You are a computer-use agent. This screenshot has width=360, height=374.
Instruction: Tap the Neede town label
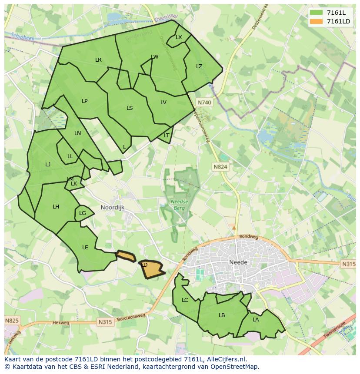coord(238,262)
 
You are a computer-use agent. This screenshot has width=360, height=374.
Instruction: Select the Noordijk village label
coord(112,208)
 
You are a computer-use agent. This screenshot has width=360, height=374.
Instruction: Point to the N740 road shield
coord(204,103)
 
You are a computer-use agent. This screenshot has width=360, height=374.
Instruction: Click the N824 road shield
coord(220,166)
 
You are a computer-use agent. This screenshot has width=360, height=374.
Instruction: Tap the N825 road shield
coord(12,321)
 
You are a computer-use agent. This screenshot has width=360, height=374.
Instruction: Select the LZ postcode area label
coord(199,66)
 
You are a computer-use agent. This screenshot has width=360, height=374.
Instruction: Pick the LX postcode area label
coord(179,37)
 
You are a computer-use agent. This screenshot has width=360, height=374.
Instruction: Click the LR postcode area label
coord(98,60)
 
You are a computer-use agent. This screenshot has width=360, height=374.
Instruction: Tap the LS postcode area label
coord(130,108)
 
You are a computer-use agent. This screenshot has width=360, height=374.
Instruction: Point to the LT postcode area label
coord(167,136)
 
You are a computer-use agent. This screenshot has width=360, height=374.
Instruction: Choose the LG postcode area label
coord(83,213)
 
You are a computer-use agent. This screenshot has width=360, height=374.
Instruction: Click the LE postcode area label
coord(85,248)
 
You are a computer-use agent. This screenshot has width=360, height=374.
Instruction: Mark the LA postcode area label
coord(256,320)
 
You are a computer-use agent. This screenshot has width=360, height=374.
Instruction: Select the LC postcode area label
coord(185,300)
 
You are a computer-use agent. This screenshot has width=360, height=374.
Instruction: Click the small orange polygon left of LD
coord(126,256)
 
